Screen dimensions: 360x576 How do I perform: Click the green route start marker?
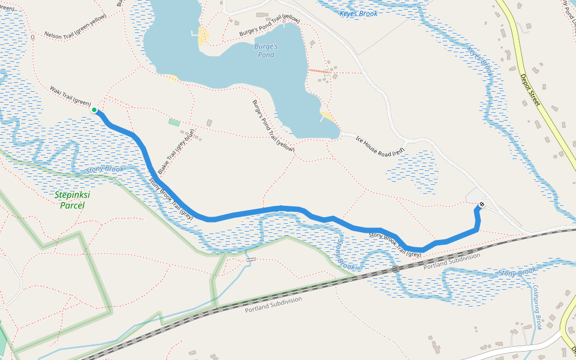94,110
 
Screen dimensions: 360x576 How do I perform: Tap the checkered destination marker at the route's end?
481,205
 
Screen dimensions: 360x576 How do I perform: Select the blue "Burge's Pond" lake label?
266,50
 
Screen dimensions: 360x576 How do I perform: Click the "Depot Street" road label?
530,90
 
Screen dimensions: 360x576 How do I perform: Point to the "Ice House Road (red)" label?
380,146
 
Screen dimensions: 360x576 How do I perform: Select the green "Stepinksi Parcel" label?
70,200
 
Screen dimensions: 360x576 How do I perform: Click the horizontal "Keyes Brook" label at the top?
358,14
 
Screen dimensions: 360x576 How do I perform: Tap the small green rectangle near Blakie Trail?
174,122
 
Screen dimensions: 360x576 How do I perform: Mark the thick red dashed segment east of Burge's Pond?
319,71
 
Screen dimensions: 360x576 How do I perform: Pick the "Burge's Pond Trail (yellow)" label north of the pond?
269,27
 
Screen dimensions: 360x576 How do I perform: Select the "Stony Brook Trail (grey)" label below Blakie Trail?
170,199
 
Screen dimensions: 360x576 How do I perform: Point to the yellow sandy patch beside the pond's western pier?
203,36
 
